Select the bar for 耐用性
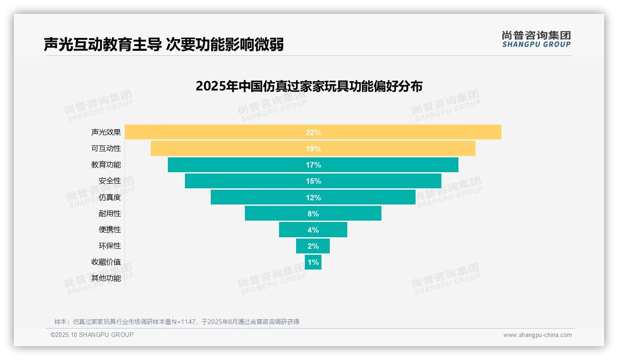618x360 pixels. pos(277,213)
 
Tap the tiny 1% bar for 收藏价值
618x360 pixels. pos(308,262)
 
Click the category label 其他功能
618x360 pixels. pos(106,278)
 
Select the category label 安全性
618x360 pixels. pos(110,181)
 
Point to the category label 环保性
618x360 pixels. pos(110,246)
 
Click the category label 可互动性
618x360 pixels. pos(106,149)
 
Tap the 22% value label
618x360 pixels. pos(313,132)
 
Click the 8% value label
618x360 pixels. pos(313,214)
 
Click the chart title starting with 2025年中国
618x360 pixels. pos(309,86)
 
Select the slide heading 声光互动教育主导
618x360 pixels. pos(164,44)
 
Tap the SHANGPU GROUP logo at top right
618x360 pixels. pos(536,39)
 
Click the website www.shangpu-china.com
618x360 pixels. pos(537,335)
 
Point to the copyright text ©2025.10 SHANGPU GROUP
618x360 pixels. pos(92,335)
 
